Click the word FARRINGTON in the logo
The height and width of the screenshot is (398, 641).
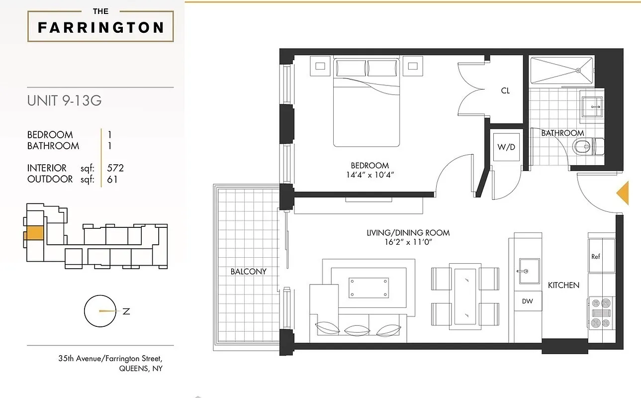point(100,27)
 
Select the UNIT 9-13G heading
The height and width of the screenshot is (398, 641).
point(64,100)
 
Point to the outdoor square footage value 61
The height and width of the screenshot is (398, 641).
point(112,179)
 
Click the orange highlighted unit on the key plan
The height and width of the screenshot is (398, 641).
point(34,234)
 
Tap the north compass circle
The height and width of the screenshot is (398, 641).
point(100,311)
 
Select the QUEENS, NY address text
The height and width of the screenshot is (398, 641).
point(141,369)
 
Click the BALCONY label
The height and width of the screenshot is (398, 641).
point(248,272)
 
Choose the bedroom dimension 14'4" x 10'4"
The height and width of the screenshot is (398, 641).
point(369,175)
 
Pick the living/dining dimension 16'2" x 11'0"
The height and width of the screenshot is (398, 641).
point(408,242)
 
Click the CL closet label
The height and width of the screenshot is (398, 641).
point(505,91)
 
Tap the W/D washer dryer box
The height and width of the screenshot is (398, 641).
point(506,148)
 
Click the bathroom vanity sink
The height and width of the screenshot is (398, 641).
point(592,106)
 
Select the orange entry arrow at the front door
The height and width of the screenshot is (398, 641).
point(623,193)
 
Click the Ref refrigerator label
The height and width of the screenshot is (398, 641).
point(596,257)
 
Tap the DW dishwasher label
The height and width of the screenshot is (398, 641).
point(527,301)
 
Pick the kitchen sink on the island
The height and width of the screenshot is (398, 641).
point(528,271)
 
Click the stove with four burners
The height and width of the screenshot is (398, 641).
point(601,312)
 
